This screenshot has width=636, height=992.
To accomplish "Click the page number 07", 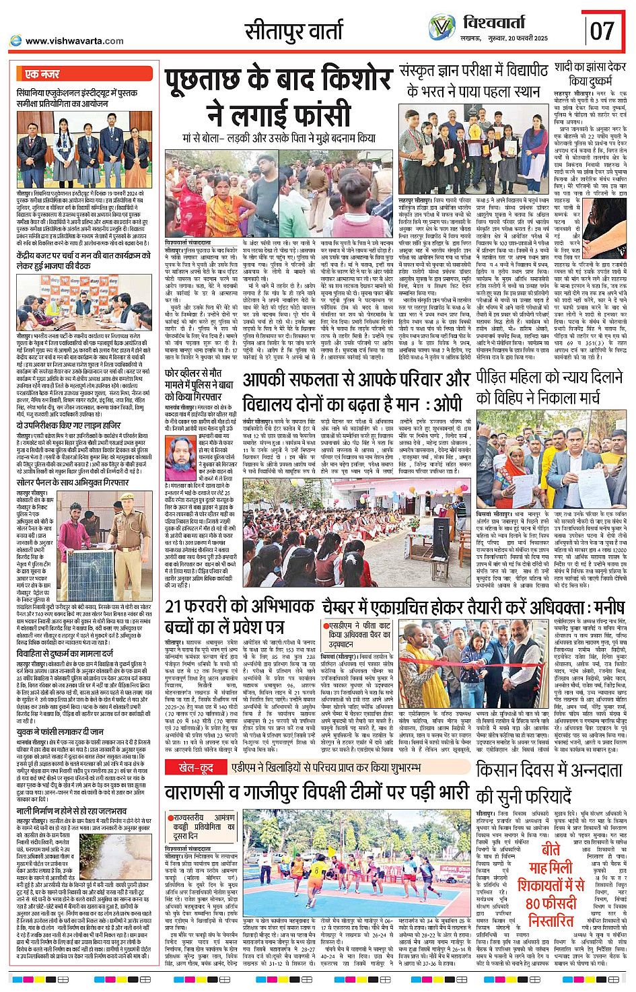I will coord(602,32).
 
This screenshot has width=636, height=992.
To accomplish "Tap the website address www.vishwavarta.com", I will coord(74,41).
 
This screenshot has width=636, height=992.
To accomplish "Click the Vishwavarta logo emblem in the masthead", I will coord(442,28).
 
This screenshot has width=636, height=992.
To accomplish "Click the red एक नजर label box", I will coord(42,74).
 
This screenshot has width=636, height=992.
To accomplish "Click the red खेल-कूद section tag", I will coord(196,768).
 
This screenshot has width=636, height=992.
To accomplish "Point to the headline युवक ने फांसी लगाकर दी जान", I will coord(60,732).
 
